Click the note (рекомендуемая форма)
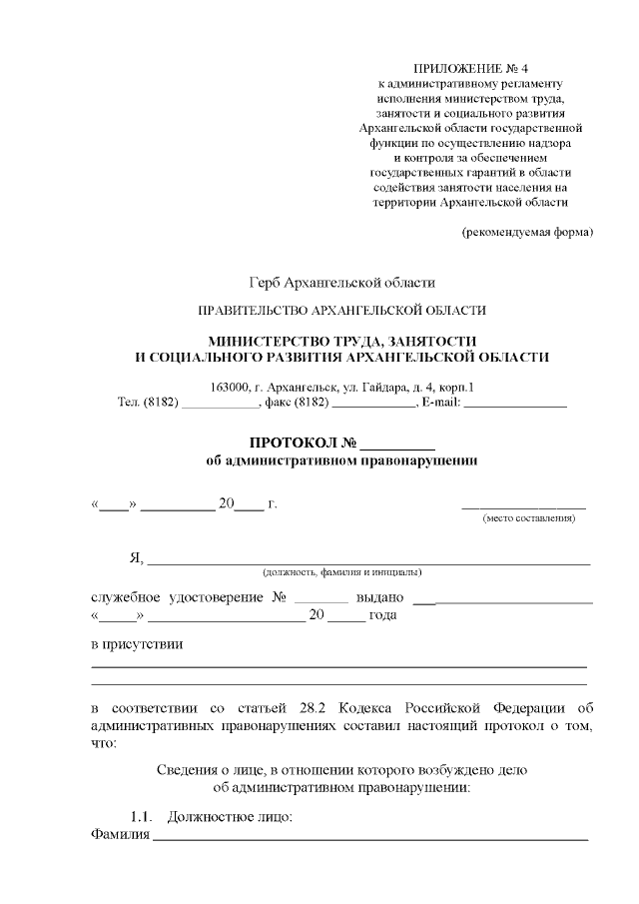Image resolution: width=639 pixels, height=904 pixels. (526, 233)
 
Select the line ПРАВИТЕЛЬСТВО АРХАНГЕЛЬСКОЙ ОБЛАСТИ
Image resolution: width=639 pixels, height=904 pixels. (342, 311)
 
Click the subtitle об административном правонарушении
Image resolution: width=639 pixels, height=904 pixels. (341, 460)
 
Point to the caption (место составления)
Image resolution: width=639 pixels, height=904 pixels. (528, 519)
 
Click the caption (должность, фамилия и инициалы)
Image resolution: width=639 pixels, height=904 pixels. (341, 572)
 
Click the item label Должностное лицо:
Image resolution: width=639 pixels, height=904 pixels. (230, 818)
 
